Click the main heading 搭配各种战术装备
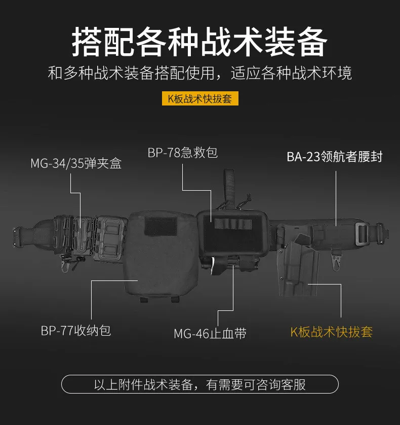click(x=199, y=42)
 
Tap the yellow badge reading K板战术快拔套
click(x=200, y=98)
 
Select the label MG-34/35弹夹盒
click(x=76, y=163)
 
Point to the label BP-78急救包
click(x=182, y=152)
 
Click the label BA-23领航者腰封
click(x=334, y=157)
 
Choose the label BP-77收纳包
click(x=76, y=330)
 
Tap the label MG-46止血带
click(x=210, y=333)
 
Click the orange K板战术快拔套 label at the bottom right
click(x=332, y=332)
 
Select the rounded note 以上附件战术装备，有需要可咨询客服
click(x=200, y=384)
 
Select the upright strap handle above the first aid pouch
click(x=229, y=189)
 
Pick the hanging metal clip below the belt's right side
click(x=336, y=261)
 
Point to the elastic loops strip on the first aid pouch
click(x=233, y=224)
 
